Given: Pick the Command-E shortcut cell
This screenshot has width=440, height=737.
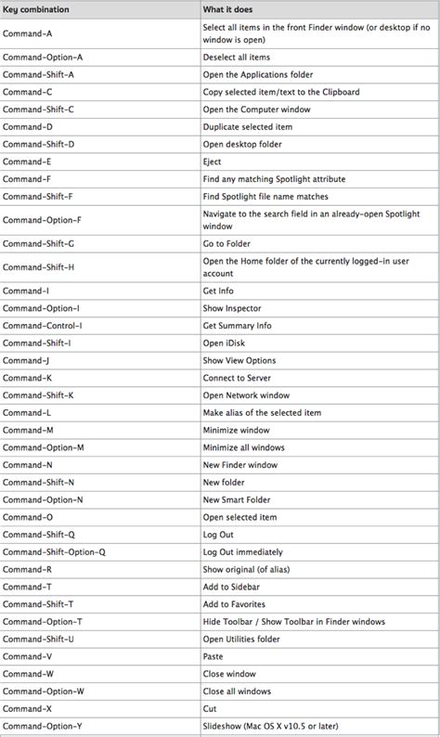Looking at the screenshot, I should pyautogui.click(x=28, y=162).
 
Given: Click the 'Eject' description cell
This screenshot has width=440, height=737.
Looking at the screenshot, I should pyautogui.click(x=213, y=162).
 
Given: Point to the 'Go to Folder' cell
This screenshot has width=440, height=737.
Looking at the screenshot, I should pyautogui.click(x=226, y=242).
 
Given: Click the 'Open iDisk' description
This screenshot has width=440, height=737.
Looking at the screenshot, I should pyautogui.click(x=225, y=343).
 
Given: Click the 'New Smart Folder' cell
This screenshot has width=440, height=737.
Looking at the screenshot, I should pyautogui.click(x=238, y=499).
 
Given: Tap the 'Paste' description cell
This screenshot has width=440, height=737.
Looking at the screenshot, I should pyautogui.click(x=214, y=655).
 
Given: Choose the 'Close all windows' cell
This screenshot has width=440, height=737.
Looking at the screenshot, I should pyautogui.click(x=237, y=691).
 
